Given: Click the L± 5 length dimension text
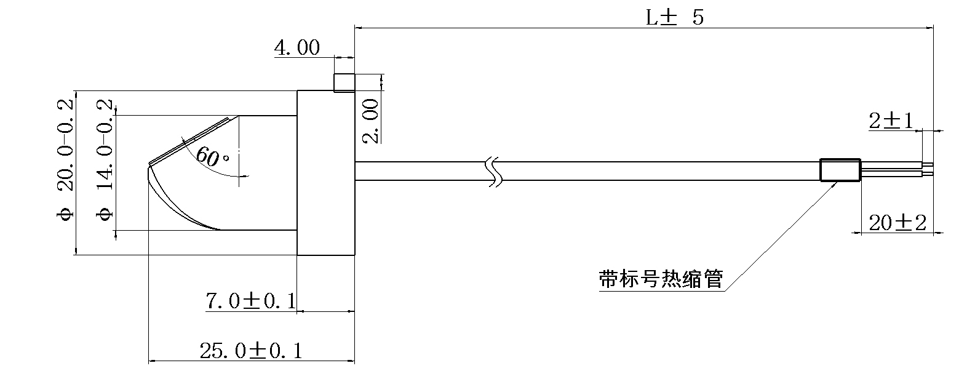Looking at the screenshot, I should [x=674, y=17].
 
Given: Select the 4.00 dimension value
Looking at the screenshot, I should [x=297, y=48].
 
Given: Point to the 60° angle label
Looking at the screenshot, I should [x=212, y=158].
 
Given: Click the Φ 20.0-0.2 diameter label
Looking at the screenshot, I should [x=65, y=159].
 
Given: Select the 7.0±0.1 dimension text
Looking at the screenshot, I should [x=250, y=301].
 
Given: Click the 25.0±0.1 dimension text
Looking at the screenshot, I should [x=251, y=351].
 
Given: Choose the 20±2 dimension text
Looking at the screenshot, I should [x=897, y=223].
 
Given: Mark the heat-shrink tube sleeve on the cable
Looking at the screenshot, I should [x=840, y=170].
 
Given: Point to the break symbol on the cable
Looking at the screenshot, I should [x=494, y=171].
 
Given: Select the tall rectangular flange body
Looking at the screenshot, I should [x=326, y=173].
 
